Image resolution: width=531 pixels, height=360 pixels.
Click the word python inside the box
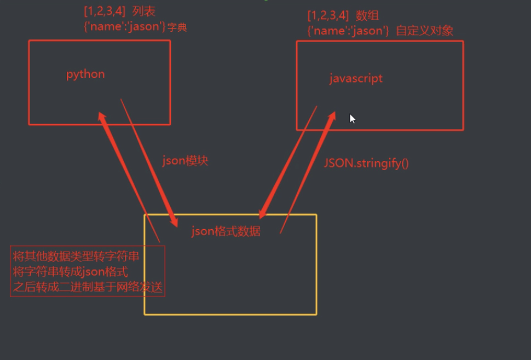[x=85, y=74]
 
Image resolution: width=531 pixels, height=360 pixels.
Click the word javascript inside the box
[x=356, y=78]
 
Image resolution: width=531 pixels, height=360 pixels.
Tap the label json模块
[x=185, y=161]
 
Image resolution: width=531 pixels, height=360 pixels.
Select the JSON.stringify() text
[x=366, y=162]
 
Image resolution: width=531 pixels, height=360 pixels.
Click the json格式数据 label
[x=226, y=231]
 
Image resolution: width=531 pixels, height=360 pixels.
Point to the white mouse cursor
[x=352, y=118]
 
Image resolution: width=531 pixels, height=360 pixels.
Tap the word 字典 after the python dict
[x=177, y=27]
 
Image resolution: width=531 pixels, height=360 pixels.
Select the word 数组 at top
[x=367, y=15]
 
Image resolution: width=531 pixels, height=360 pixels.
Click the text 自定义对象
[x=425, y=31]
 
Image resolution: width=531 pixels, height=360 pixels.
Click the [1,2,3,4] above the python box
[x=105, y=10]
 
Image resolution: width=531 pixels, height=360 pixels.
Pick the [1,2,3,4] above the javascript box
[x=328, y=15]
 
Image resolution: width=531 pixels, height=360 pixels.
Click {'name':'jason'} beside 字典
[x=124, y=26]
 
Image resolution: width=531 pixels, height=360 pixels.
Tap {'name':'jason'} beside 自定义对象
[x=348, y=31]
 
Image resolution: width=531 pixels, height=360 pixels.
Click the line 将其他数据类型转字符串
[x=76, y=256]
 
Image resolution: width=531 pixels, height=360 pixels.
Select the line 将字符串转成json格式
[x=70, y=271]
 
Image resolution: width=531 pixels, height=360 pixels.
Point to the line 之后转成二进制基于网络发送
[x=88, y=287]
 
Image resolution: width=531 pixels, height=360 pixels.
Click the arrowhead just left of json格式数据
[x=174, y=220]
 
